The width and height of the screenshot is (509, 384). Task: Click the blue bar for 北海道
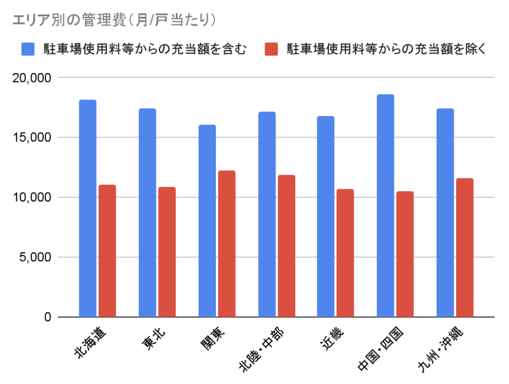click(88, 208)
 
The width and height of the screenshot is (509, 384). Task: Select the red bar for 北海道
click(107, 251)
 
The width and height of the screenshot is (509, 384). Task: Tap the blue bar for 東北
click(147, 213)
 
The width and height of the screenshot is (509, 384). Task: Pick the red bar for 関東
click(227, 244)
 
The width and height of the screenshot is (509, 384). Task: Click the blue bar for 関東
click(207, 221)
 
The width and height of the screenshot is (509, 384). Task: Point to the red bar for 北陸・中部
click(286, 246)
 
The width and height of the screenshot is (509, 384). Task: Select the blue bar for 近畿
click(326, 216)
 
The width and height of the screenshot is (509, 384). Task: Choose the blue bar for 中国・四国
click(385, 206)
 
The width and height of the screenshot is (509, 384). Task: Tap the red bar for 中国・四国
click(405, 254)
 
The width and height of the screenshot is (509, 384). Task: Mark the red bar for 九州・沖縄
click(465, 248)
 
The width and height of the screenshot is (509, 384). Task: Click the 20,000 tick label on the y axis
click(31, 78)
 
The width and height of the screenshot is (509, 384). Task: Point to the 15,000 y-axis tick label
click(31, 138)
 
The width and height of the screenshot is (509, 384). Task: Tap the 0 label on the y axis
click(48, 317)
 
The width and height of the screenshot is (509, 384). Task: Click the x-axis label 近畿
click(332, 340)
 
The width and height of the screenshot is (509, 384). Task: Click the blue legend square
click(27, 50)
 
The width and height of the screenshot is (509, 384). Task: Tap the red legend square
click(271, 50)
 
